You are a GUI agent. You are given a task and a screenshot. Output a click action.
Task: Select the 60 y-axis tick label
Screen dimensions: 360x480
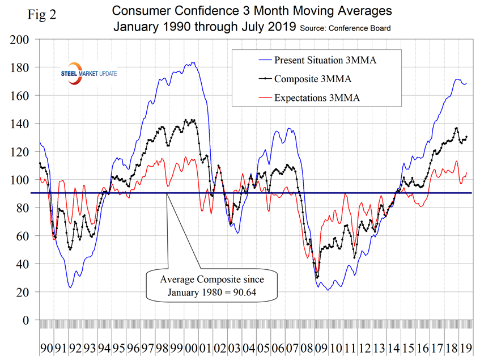[x=23, y=236]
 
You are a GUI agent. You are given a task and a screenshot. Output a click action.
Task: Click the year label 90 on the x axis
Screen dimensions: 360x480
[x=47, y=346]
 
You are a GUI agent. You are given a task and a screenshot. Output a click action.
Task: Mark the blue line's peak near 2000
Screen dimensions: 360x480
[x=194, y=62]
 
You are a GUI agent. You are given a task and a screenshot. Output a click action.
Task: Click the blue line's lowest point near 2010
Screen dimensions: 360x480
[x=328, y=290]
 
